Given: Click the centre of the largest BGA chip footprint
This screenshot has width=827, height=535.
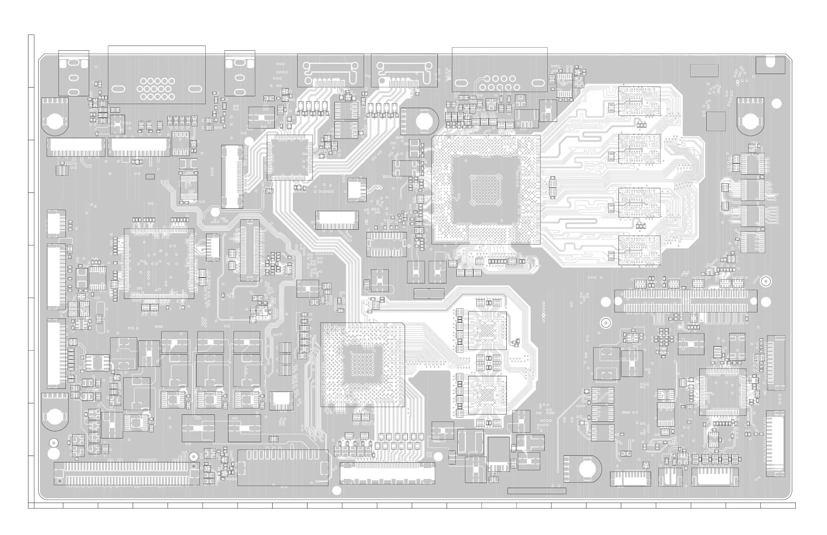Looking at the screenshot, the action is click(486, 190).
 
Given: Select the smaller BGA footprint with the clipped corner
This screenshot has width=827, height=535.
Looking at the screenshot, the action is click(362, 364).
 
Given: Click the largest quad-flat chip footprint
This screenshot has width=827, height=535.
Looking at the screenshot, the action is click(159, 263).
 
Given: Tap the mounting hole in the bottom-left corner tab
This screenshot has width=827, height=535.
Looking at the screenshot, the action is click(54, 415).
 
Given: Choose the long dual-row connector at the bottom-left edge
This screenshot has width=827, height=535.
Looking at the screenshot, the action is click(126, 473).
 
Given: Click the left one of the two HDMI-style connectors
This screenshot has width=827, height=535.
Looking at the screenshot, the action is click(330, 71).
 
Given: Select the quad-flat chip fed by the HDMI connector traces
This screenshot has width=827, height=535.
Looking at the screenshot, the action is click(290, 158).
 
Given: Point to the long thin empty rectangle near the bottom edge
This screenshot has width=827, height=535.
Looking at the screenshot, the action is click(536, 491).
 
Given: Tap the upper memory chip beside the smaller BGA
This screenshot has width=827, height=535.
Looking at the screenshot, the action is click(487, 331).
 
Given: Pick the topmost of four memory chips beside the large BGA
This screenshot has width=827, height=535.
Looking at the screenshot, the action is click(639, 101).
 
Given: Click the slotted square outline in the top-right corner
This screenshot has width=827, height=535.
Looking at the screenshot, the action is click(770, 65).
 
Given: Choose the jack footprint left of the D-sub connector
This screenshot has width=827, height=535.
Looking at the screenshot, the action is click(74, 73).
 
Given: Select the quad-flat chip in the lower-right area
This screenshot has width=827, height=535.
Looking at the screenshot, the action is click(723, 392).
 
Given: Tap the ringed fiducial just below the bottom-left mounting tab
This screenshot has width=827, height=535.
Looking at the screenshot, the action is click(53, 442).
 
